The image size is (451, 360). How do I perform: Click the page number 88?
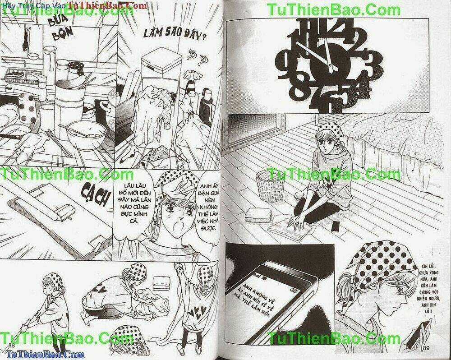click(12, 346)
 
